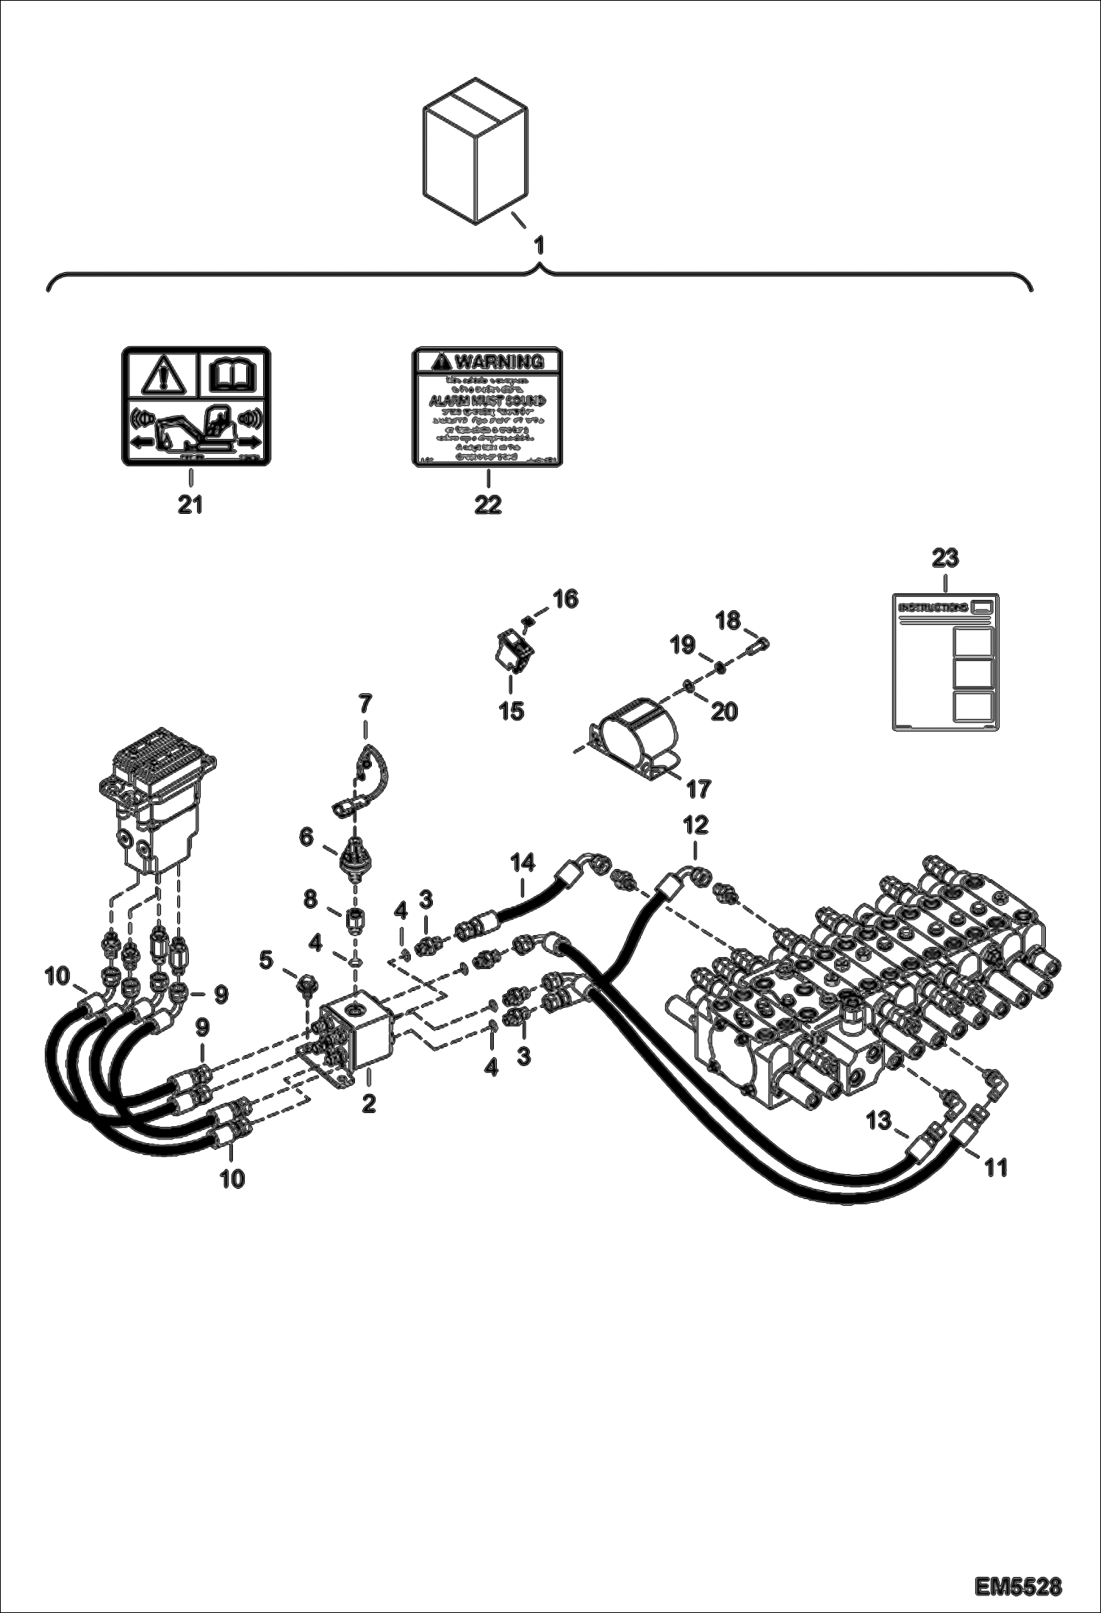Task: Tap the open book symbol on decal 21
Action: [234, 376]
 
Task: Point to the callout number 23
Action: [945, 558]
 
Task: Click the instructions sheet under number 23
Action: [945, 661]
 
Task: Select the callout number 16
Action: [565, 598]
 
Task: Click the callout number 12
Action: [695, 824]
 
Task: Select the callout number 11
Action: [996, 1167]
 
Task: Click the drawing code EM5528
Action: [1018, 1581]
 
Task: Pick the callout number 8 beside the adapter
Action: [311, 898]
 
